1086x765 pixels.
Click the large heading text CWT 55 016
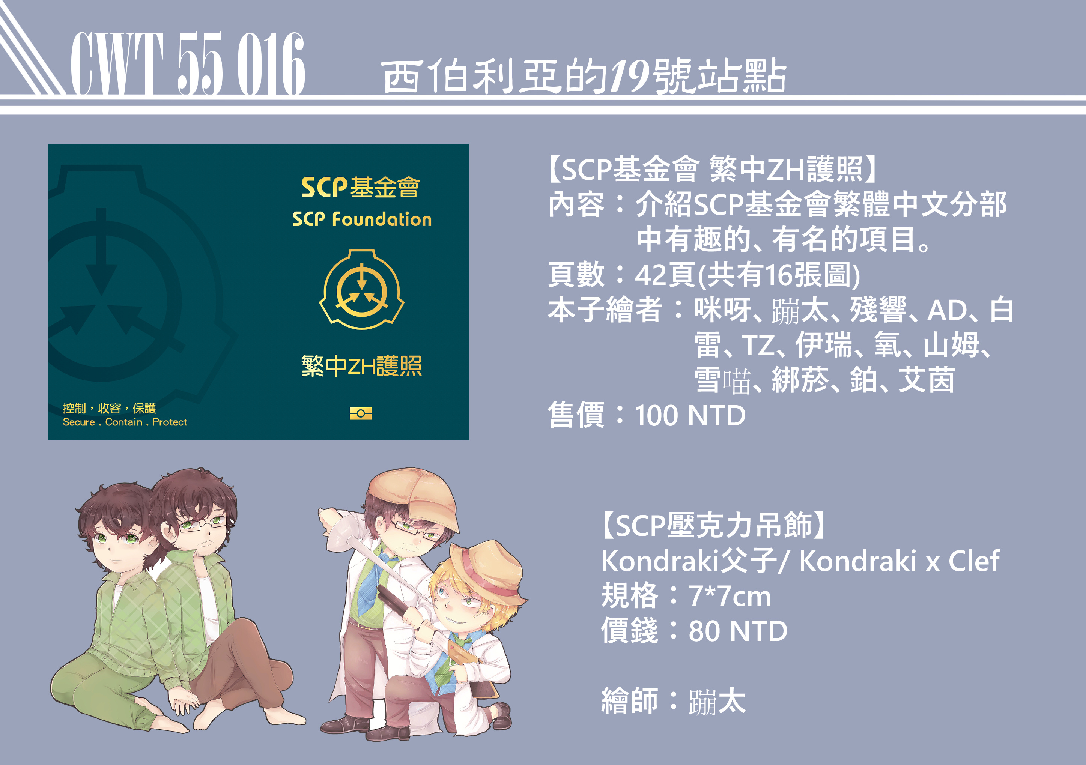pos(188,63)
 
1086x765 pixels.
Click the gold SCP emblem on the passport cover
pos(361,289)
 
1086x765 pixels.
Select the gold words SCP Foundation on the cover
pos(362,219)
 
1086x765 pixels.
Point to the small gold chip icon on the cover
pos(360,413)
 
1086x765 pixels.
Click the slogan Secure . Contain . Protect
pos(125,422)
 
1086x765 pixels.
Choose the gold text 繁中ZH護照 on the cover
pos(361,366)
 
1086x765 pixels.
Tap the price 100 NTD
pos(690,416)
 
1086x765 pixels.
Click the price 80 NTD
pos(738,631)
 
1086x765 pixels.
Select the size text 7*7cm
pos(730,596)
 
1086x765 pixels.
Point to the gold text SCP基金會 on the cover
pos(360,187)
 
